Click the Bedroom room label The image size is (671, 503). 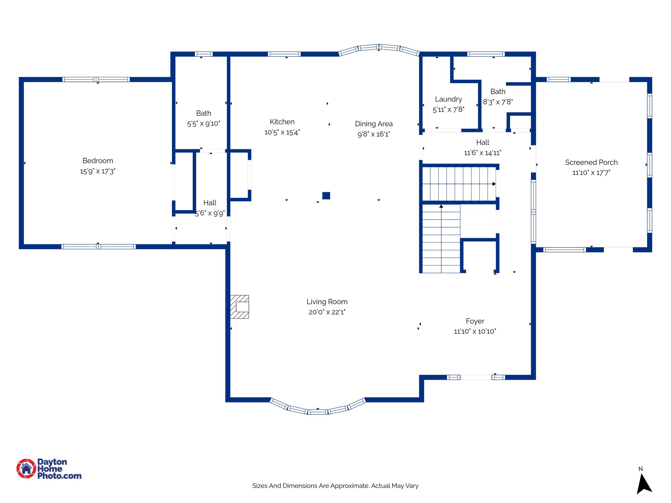click(98, 161)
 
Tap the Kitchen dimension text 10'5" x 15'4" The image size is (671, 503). click(282, 132)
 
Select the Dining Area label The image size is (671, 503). click(374, 124)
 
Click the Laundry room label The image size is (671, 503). click(448, 99)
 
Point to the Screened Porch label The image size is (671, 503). click(591, 162)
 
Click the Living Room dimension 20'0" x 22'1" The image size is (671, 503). click(327, 312)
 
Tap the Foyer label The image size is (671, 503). click(475, 321)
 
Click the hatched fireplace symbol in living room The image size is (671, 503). click(240, 307)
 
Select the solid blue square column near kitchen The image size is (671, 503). click(326, 196)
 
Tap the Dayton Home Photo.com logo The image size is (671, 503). click(49, 469)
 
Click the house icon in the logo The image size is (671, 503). click(26, 469)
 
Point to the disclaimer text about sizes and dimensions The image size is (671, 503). click(335, 486)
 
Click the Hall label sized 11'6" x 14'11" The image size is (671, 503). click(482, 142)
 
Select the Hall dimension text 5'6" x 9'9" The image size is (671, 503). click(210, 213)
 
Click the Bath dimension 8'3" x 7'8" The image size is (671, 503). click(498, 102)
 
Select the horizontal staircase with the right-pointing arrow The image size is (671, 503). click(459, 184)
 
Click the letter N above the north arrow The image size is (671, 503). click(641, 469)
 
